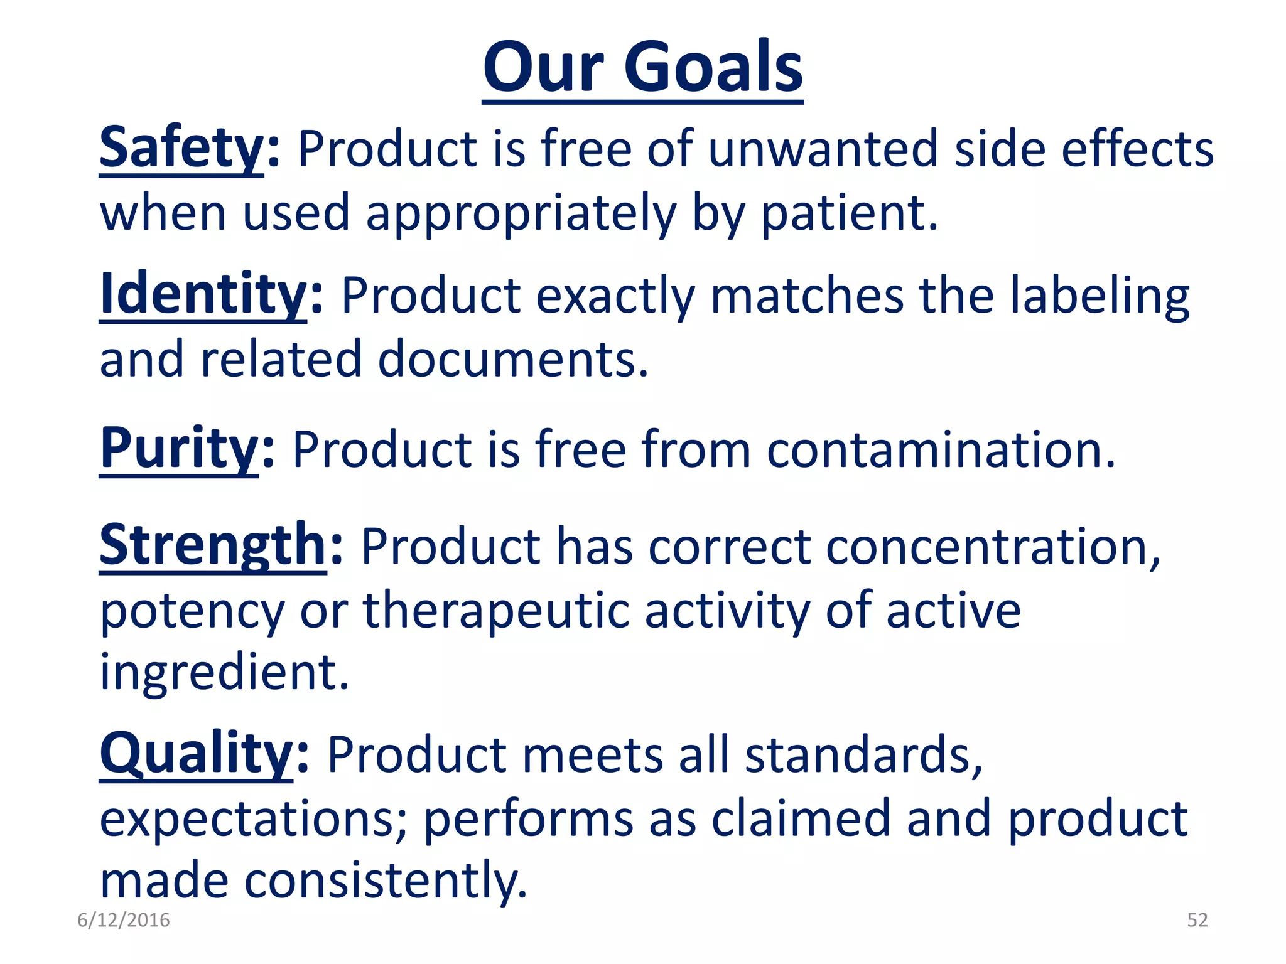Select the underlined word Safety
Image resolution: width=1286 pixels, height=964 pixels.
click(x=182, y=148)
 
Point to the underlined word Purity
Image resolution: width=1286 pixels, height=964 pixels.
click(x=180, y=448)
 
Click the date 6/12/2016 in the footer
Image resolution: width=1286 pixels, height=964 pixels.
click(x=124, y=920)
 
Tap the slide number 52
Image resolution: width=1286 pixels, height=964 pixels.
click(x=1197, y=920)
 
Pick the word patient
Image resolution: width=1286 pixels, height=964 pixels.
click(x=849, y=213)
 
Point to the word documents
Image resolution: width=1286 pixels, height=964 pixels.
click(x=512, y=359)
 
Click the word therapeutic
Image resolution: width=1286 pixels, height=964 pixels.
click(x=496, y=611)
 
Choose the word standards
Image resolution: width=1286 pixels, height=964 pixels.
click(x=863, y=756)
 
